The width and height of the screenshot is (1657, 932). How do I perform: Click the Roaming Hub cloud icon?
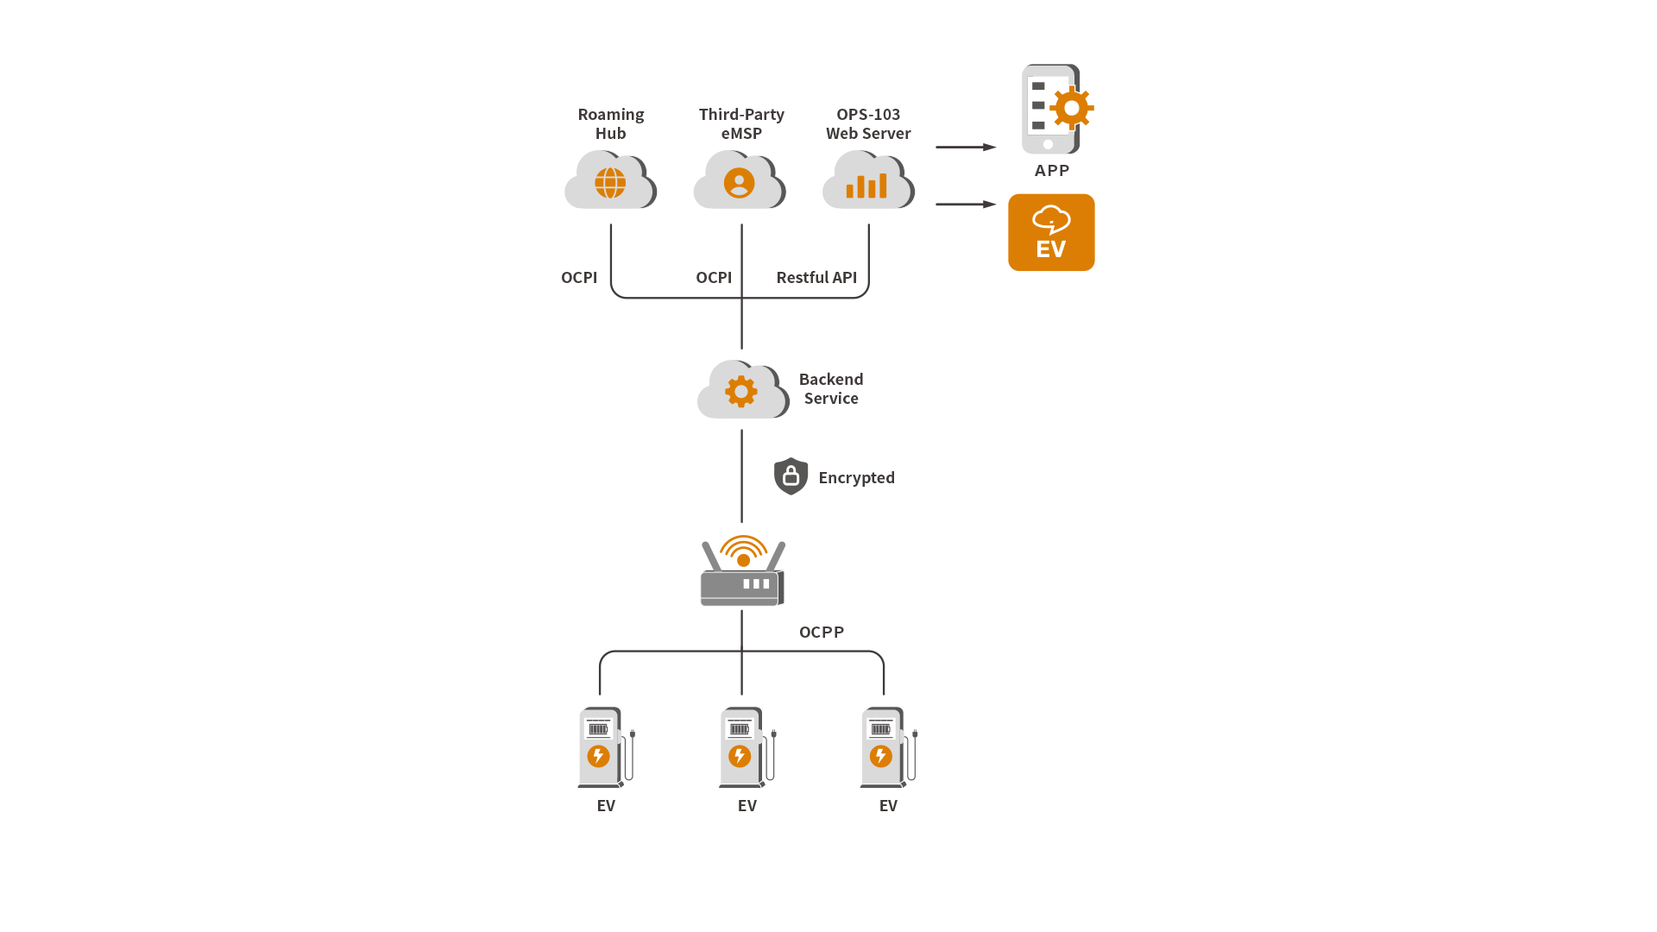point(610,180)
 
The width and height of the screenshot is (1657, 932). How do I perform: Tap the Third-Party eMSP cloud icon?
point(740,180)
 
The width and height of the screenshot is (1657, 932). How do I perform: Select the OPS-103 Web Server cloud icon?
point(868,180)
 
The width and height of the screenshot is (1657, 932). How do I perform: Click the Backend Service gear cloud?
point(742,390)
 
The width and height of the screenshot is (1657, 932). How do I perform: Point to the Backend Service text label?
point(831,389)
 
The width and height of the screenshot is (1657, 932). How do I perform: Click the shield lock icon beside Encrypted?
point(791,476)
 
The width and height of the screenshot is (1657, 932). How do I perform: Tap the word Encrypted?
point(856,478)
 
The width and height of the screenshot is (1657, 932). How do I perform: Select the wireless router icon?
point(742,572)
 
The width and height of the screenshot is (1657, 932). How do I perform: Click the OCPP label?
point(822,633)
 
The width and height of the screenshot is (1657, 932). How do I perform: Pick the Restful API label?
point(816,278)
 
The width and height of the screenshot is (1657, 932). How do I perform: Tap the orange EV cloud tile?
point(1051,233)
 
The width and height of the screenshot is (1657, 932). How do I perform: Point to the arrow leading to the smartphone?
point(966,148)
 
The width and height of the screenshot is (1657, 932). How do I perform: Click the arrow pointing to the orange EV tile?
point(966,205)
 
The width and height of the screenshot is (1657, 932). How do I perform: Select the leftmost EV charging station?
point(604,747)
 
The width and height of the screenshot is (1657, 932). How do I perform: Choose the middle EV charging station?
point(745,747)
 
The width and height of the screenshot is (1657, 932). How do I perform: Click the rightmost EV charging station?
point(886,747)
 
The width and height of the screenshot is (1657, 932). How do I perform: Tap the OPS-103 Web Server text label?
point(868,124)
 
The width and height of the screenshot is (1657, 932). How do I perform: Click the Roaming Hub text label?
point(611,124)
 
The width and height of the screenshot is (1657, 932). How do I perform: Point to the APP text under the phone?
point(1052,171)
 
